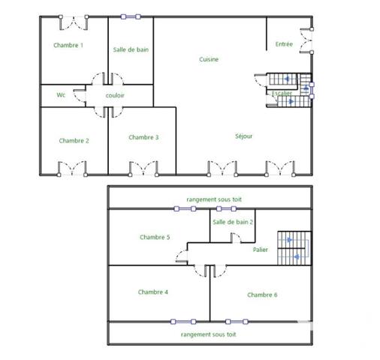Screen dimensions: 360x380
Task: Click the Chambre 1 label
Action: pos(68,46)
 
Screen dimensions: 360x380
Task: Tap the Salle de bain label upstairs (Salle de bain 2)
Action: pos(233,222)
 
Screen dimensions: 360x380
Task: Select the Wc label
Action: pos(61,95)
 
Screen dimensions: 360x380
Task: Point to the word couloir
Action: pos(115,96)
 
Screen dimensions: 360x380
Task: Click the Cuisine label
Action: pos(209,60)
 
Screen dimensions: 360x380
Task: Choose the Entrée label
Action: pos(284,44)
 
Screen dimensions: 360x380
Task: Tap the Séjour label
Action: pos(243,136)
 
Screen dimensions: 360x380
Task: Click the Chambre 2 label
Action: pos(74,141)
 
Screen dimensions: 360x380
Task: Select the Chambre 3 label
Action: pos(143,137)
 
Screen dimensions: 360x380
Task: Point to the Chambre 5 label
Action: pos(155,237)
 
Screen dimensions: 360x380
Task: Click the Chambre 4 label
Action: pos(152,292)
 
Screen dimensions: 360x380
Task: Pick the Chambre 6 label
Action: pos(262,295)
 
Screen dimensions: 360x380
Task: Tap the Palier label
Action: pos(261,250)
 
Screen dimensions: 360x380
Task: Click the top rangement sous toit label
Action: pos(214,199)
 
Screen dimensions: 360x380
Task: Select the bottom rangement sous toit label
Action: pos(209,334)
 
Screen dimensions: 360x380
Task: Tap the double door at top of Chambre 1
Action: pos(73,21)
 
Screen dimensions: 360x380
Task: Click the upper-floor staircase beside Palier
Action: pos(294,247)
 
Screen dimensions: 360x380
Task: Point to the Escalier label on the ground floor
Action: pos(282,94)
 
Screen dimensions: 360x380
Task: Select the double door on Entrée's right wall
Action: pos(307,40)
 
